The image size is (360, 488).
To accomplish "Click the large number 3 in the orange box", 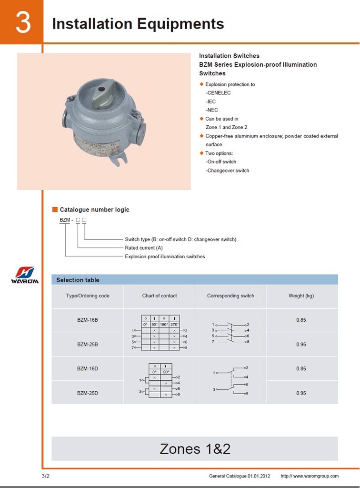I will click(22, 22).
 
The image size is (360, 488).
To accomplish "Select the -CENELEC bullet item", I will click(218, 93).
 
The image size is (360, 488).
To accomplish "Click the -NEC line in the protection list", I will click(212, 110).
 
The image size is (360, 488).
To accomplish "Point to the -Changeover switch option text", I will click(228, 171).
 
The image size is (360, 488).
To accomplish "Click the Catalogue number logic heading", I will click(94, 210).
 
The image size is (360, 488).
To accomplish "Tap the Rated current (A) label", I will click(144, 248).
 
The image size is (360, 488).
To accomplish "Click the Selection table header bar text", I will click(78, 280).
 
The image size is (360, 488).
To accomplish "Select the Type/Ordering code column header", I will click(88, 296).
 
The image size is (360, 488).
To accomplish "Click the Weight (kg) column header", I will click(301, 296).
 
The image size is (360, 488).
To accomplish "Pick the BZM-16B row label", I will click(88, 320).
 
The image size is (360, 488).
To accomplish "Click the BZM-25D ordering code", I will click(88, 393).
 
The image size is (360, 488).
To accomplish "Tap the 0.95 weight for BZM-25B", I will click(301, 345).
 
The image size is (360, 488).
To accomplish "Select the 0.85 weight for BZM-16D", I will click(301, 368).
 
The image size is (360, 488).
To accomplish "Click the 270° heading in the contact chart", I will click(175, 325).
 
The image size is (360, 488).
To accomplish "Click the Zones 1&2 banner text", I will click(195, 449).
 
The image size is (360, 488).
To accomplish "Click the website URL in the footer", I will click(310, 476).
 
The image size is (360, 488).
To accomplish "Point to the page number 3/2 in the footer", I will click(46, 476).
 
